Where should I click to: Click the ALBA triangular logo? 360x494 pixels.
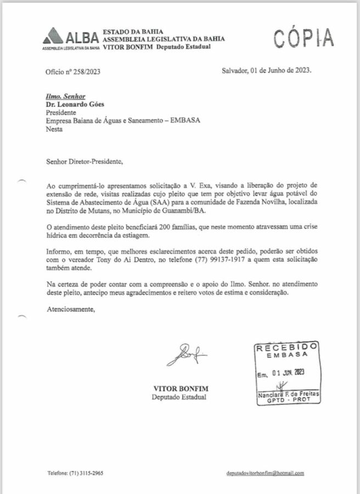point(53,36)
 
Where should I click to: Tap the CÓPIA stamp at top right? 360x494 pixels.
point(303,37)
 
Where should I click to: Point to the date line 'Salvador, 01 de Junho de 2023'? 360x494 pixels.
point(267,71)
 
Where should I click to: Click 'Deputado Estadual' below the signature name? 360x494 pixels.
point(180,396)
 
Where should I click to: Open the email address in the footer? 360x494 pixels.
point(265,473)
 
